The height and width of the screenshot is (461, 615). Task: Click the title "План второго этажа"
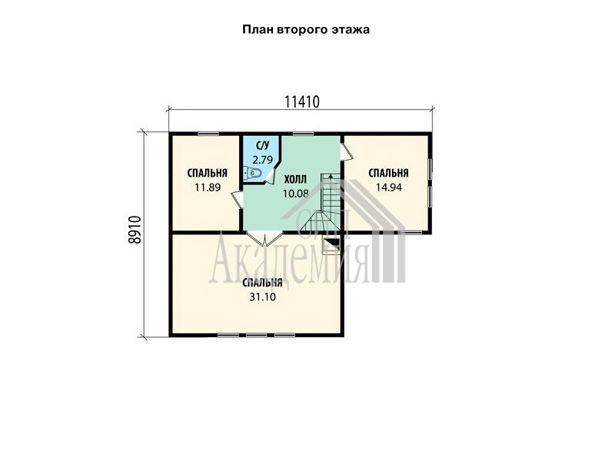pos(306,30)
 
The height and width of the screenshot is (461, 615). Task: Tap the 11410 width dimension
pos(302,102)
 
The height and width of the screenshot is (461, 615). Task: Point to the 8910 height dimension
pos(135,230)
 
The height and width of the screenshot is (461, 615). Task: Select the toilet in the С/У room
pos(252,172)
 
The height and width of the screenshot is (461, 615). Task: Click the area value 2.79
pos(262,160)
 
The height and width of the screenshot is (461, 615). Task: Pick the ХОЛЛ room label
pos(295,180)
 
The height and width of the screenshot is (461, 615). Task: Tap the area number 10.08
pos(296,194)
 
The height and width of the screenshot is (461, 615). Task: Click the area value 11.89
pos(208,187)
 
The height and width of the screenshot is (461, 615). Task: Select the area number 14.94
pos(389,187)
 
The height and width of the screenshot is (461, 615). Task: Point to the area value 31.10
pos(262,297)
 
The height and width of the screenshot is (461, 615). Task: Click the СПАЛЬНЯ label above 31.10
pos(262,283)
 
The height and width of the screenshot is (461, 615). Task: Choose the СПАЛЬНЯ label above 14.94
pos(389,173)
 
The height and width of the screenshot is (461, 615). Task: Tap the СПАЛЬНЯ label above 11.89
pos(208,173)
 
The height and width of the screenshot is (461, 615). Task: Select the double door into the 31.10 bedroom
pos(264,238)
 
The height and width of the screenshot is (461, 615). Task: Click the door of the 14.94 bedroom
pos(347,151)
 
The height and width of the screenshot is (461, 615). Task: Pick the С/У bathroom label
pos(262,146)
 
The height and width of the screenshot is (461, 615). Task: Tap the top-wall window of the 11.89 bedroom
pos(208,134)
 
